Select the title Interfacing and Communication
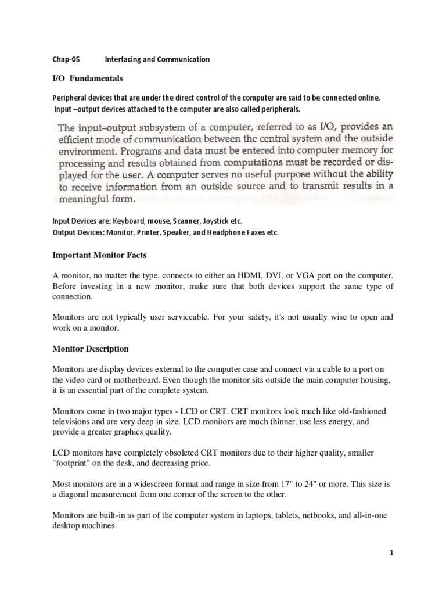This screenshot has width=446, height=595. tap(157, 59)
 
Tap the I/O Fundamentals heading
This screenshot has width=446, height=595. tap(88, 78)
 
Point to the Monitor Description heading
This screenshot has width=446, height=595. tap(91, 349)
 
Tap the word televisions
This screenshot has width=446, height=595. tap(71, 421)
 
